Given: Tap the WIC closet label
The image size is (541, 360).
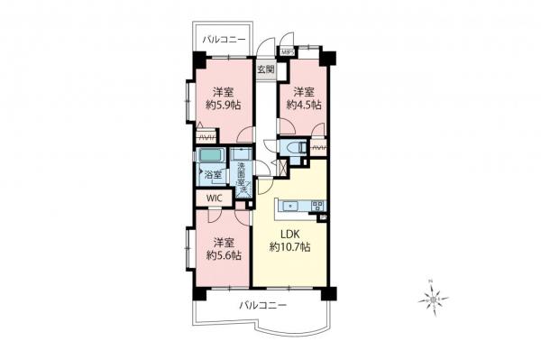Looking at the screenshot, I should tap(214, 198).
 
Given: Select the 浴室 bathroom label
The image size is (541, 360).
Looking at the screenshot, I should tap(214, 174).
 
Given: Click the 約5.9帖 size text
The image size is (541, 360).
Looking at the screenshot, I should tap(223, 106).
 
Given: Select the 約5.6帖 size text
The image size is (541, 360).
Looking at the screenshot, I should tap(223, 255).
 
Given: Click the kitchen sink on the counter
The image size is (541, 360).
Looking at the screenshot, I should tap(291, 207).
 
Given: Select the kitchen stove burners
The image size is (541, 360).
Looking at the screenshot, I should tap(317, 207).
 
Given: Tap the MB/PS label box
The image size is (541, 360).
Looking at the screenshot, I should tap(287, 52).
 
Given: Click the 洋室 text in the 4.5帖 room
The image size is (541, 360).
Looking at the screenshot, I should tap(301, 92).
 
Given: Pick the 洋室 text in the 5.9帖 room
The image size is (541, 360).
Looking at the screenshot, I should tap(223, 92).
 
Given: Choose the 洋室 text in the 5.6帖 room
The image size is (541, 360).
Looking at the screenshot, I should tap(223, 242).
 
